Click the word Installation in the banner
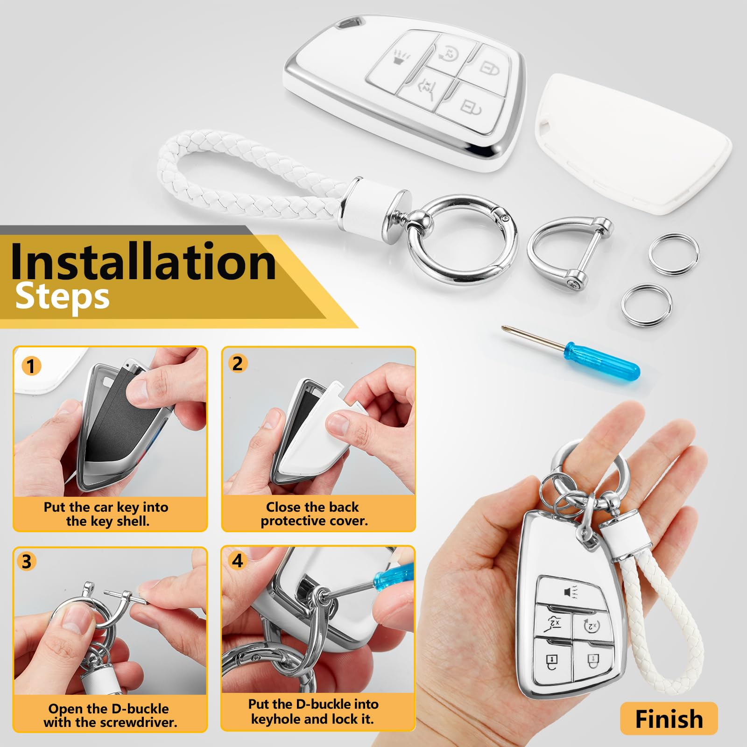pos(143,261)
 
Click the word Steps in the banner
pos(62,297)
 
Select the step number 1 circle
pos(31,366)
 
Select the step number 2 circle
pos(238,363)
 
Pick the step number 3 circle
pos(27,561)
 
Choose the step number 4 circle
pos(238,560)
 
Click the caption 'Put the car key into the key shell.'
pos(106,514)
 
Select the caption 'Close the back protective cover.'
pos(314,514)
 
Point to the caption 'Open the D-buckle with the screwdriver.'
pos(110,715)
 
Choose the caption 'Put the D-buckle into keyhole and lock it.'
pos(313,712)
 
